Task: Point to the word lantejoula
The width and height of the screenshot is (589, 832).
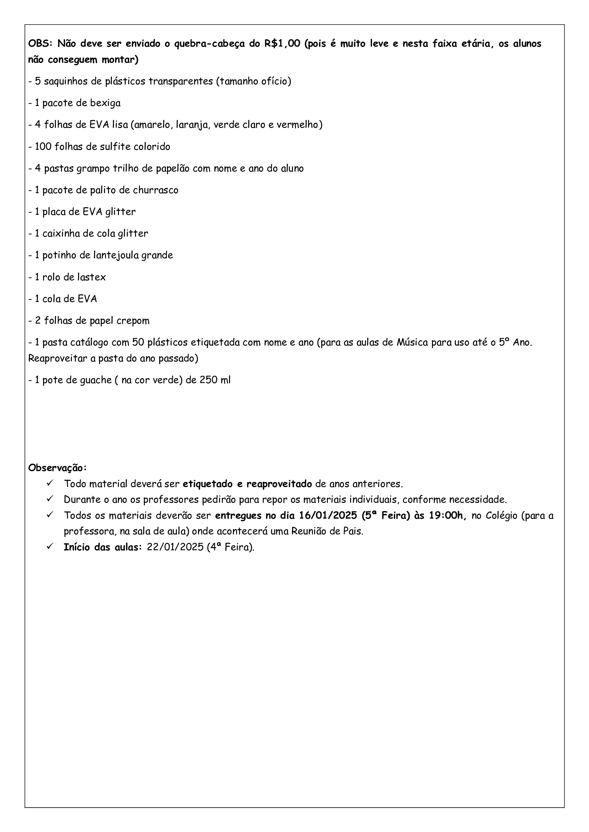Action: (x=116, y=255)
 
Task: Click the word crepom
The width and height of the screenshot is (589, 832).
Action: (x=134, y=321)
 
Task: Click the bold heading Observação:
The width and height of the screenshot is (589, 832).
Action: (x=57, y=468)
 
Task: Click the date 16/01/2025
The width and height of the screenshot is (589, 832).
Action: (x=328, y=516)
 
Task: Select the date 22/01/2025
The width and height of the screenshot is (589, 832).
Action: (x=175, y=547)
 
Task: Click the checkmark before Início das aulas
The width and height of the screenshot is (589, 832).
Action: (x=50, y=546)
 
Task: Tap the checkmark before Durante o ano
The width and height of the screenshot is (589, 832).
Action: (x=50, y=499)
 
